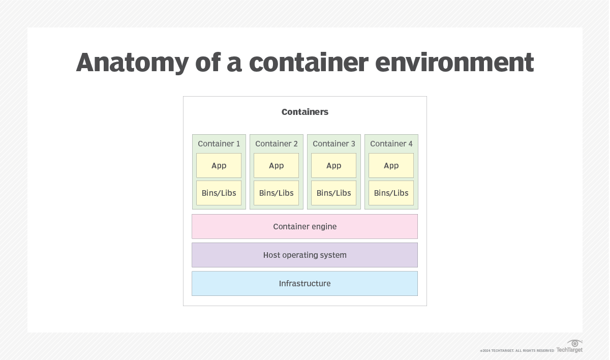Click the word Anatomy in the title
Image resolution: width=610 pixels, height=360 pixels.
[x=132, y=63]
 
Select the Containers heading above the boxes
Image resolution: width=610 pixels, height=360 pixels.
[x=305, y=112]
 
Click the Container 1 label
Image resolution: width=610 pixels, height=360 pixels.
[x=219, y=144]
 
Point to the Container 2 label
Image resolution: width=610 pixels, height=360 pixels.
[x=277, y=144]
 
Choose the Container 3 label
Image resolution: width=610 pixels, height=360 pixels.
[x=334, y=144]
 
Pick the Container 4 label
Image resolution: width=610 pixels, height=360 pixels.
[x=391, y=144]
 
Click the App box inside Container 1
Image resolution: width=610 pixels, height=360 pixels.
[x=219, y=166]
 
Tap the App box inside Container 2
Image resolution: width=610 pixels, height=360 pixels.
[x=277, y=166]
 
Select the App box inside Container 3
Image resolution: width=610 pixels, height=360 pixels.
[x=334, y=166]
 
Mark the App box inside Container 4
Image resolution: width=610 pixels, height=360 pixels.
[x=391, y=166]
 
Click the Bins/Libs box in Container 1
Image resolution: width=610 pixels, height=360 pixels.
[x=219, y=193]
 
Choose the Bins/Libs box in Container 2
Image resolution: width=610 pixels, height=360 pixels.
[x=277, y=193]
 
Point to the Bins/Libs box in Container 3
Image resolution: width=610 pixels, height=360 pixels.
[x=334, y=193]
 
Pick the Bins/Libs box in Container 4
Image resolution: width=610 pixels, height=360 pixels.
[x=391, y=193]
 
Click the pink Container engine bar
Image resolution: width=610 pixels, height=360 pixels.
[x=305, y=227]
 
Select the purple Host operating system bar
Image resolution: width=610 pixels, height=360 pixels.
[x=305, y=255]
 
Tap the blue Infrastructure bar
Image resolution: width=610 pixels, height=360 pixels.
[x=305, y=284]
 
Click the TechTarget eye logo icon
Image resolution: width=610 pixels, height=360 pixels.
[x=575, y=343]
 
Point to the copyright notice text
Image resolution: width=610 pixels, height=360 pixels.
[x=517, y=351]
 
